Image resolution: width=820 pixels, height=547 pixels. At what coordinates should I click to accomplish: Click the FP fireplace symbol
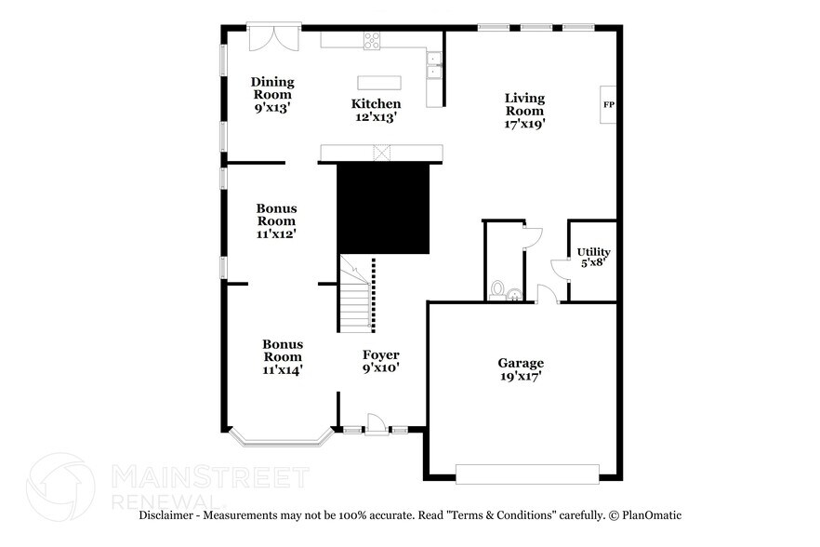609,104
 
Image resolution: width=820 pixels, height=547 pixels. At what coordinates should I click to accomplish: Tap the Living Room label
524,110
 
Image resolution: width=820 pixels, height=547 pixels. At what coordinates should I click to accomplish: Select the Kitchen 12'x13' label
376,110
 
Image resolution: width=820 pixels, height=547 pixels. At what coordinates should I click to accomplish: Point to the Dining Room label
272,95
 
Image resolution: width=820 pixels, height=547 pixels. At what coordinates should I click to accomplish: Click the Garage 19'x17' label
520,369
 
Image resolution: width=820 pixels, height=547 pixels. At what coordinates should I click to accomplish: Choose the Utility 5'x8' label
593,258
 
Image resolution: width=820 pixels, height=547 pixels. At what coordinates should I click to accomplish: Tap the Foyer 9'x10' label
380,361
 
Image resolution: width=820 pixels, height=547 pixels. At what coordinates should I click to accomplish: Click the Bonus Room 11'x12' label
276,221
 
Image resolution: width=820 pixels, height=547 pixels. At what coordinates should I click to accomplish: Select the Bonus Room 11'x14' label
282,356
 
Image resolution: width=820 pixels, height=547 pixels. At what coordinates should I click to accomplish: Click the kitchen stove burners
372,39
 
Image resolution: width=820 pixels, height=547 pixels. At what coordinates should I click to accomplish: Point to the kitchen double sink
434,63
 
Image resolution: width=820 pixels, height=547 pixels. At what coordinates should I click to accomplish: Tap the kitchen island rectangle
383,81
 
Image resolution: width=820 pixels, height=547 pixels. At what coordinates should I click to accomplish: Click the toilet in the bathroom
497,290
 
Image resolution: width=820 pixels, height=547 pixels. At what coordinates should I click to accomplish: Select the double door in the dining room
273,39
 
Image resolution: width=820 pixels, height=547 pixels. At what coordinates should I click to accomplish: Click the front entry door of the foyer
376,425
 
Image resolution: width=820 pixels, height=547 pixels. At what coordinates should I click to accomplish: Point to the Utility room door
559,269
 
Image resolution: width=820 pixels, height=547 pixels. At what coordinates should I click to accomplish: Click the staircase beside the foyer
354,296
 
